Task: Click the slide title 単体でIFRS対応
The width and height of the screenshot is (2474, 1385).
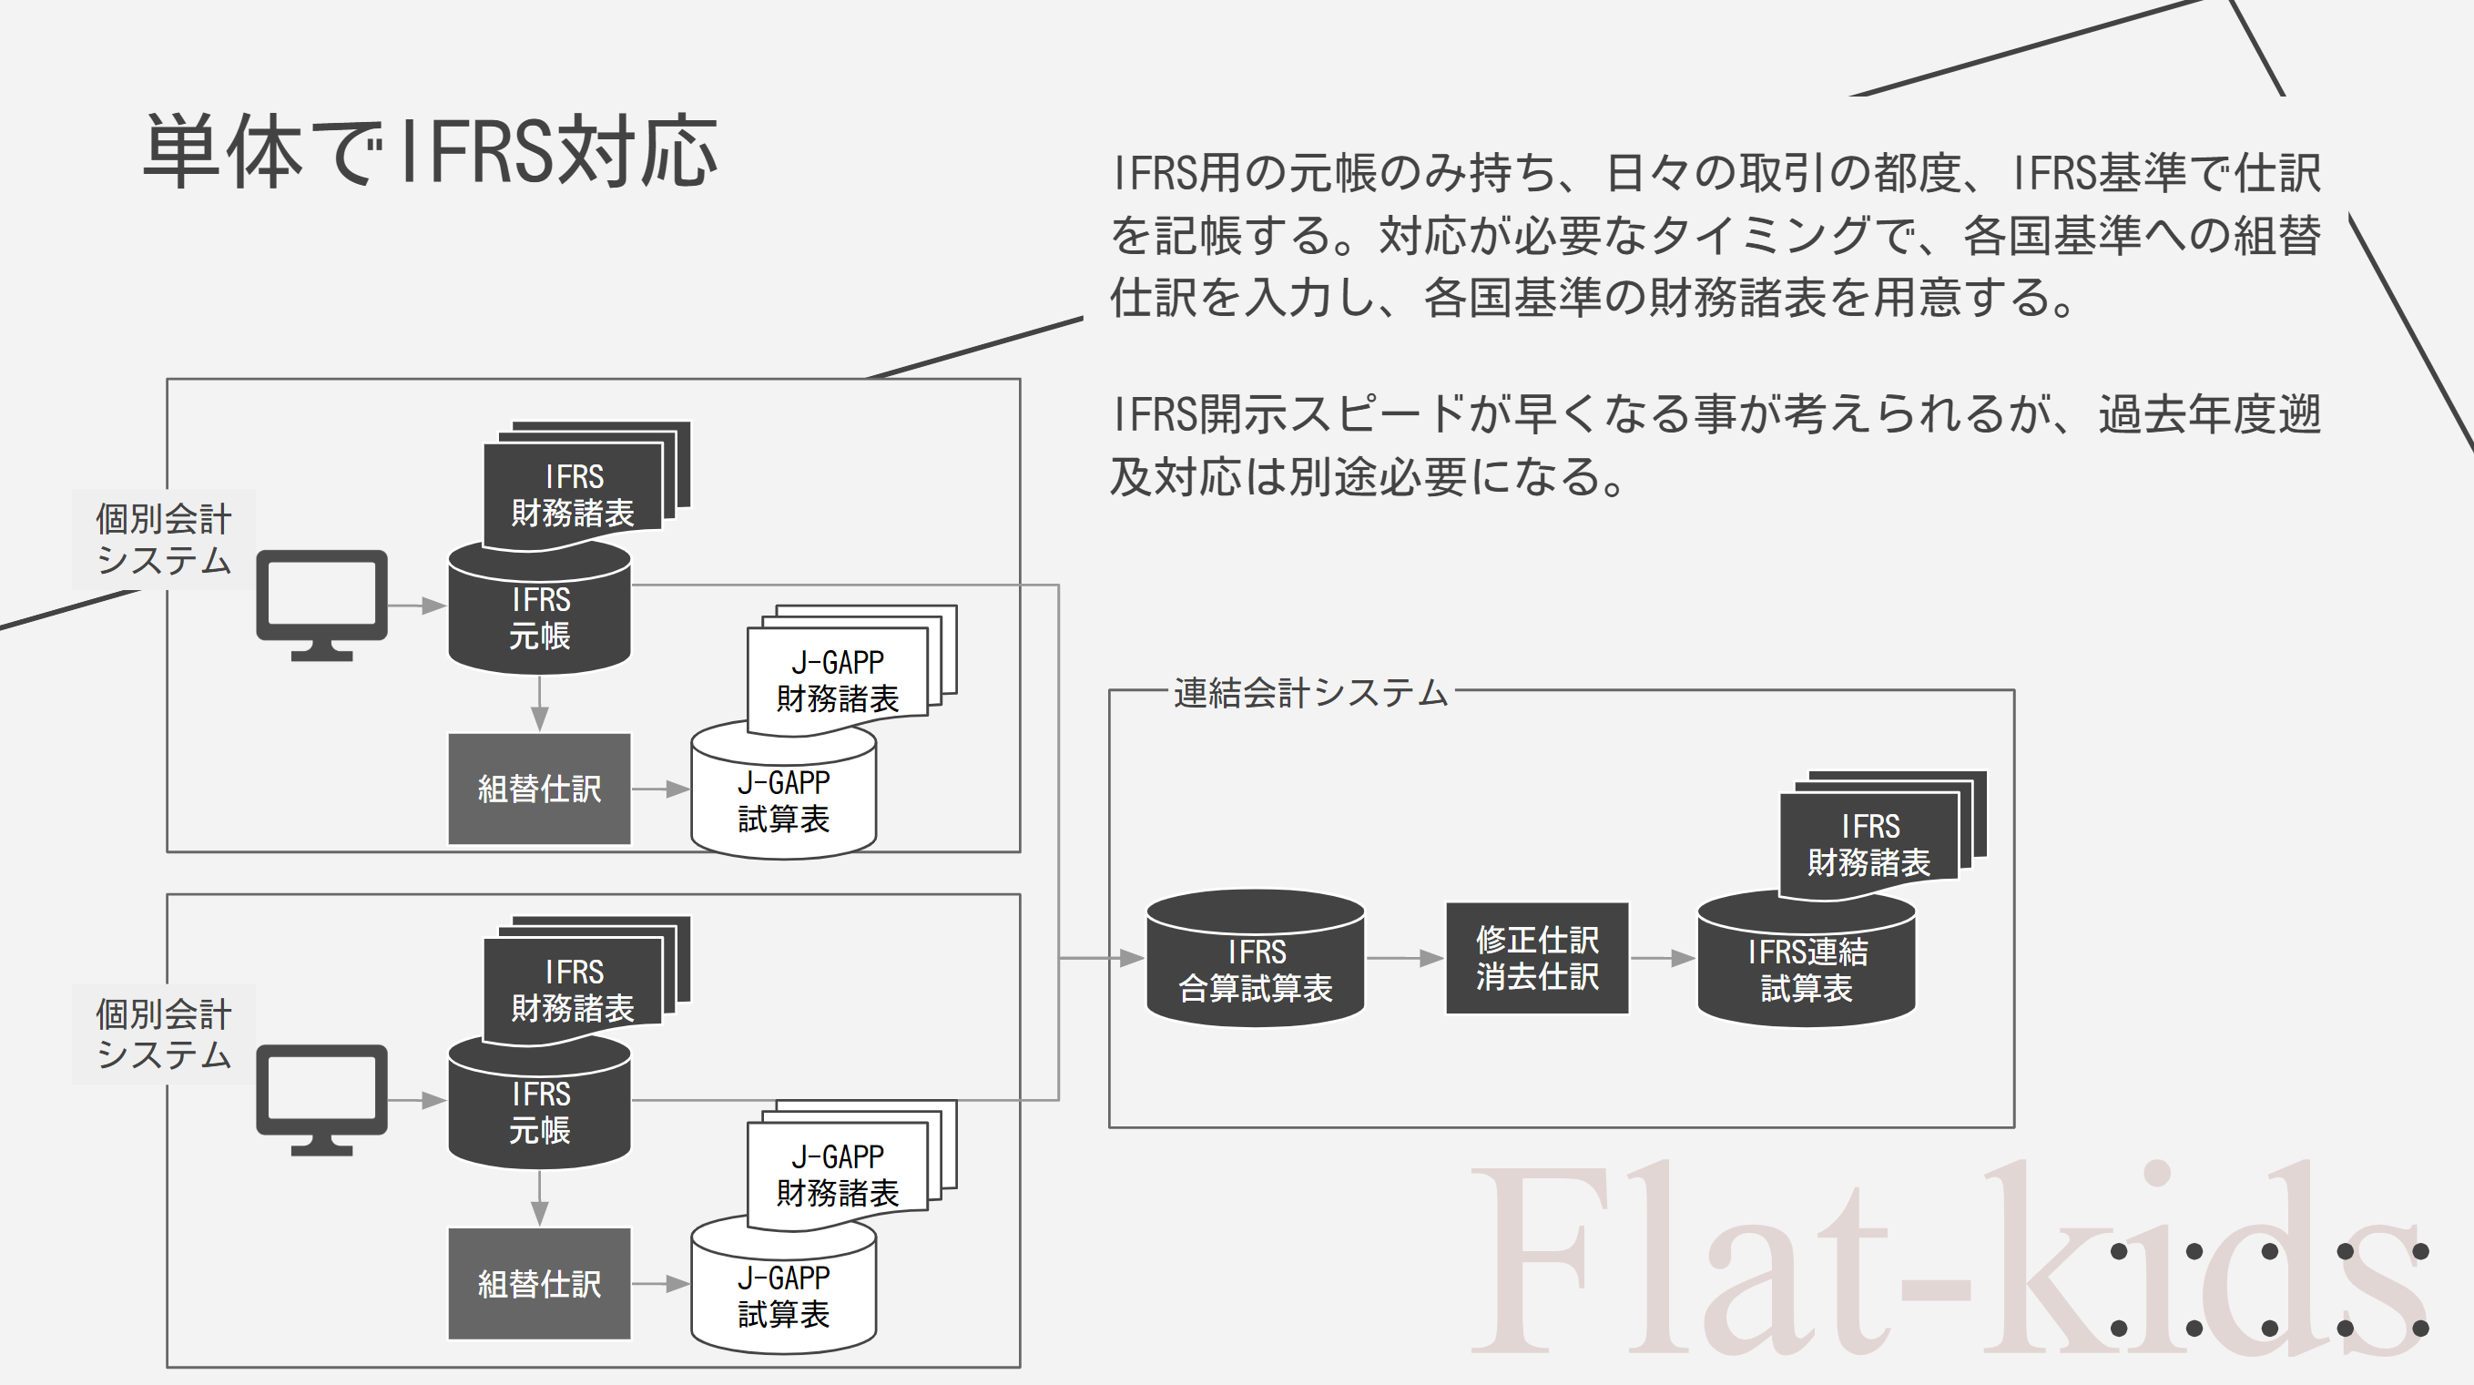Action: tap(431, 152)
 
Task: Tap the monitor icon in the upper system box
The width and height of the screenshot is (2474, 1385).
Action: tap(321, 603)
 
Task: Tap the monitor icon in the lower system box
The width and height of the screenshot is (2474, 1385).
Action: tap(321, 1098)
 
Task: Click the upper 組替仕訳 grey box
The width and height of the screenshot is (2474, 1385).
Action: tap(540, 789)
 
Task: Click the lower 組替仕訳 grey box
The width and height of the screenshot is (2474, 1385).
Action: tap(540, 1283)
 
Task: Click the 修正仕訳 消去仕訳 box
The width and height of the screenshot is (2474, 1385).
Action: tap(1537, 958)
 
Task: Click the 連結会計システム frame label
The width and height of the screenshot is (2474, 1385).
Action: tap(1310, 692)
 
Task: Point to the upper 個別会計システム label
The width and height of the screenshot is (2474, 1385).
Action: tap(163, 539)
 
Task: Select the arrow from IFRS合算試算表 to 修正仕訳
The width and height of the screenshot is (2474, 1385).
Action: tap(1405, 958)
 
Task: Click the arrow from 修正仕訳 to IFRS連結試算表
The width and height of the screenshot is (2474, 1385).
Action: tap(1663, 958)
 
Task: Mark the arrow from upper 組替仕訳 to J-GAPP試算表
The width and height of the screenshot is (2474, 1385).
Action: tap(661, 789)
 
